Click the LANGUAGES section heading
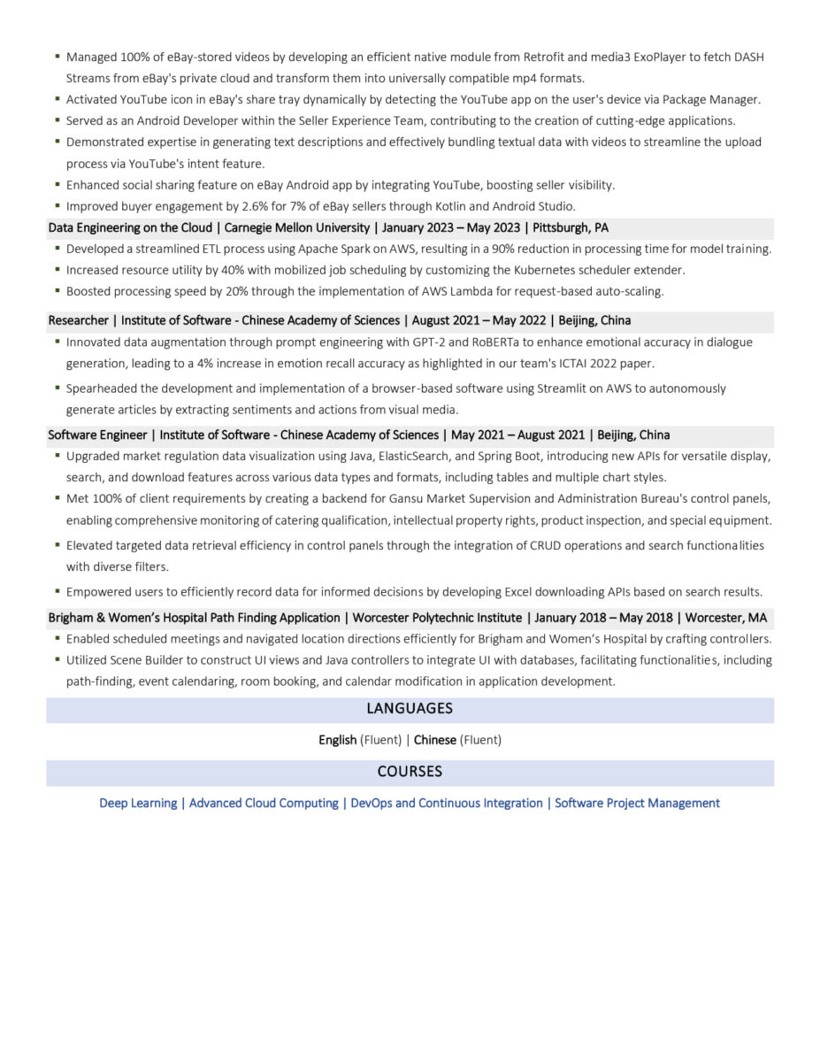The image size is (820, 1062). [x=410, y=709]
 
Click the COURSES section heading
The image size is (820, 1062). [x=410, y=772]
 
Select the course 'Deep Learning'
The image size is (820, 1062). [x=138, y=804]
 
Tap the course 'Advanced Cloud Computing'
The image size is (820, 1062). [x=264, y=804]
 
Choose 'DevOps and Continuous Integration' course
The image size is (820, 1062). [x=446, y=804]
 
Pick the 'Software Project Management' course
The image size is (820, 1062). [x=637, y=804]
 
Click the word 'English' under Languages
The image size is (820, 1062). [x=338, y=740]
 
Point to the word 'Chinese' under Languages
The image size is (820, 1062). [x=435, y=740]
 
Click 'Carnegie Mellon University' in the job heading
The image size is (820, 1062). [x=297, y=228]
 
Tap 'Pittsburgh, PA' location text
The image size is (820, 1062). [x=571, y=228]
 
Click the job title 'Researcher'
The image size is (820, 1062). [x=78, y=320]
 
